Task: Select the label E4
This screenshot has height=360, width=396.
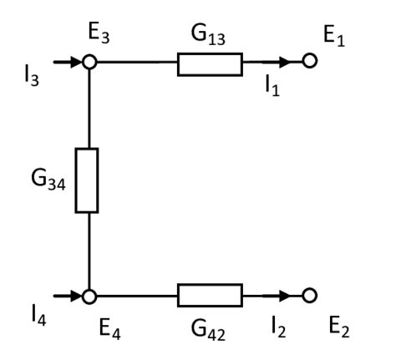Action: click(x=97, y=327)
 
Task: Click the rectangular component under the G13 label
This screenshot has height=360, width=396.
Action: click(x=210, y=63)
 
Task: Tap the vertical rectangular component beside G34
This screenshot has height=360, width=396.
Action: click(x=87, y=180)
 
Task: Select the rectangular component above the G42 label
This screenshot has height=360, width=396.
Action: click(x=210, y=295)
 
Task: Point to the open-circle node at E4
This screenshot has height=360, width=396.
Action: click(x=87, y=295)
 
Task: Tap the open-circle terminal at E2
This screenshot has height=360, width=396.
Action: click(x=310, y=295)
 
